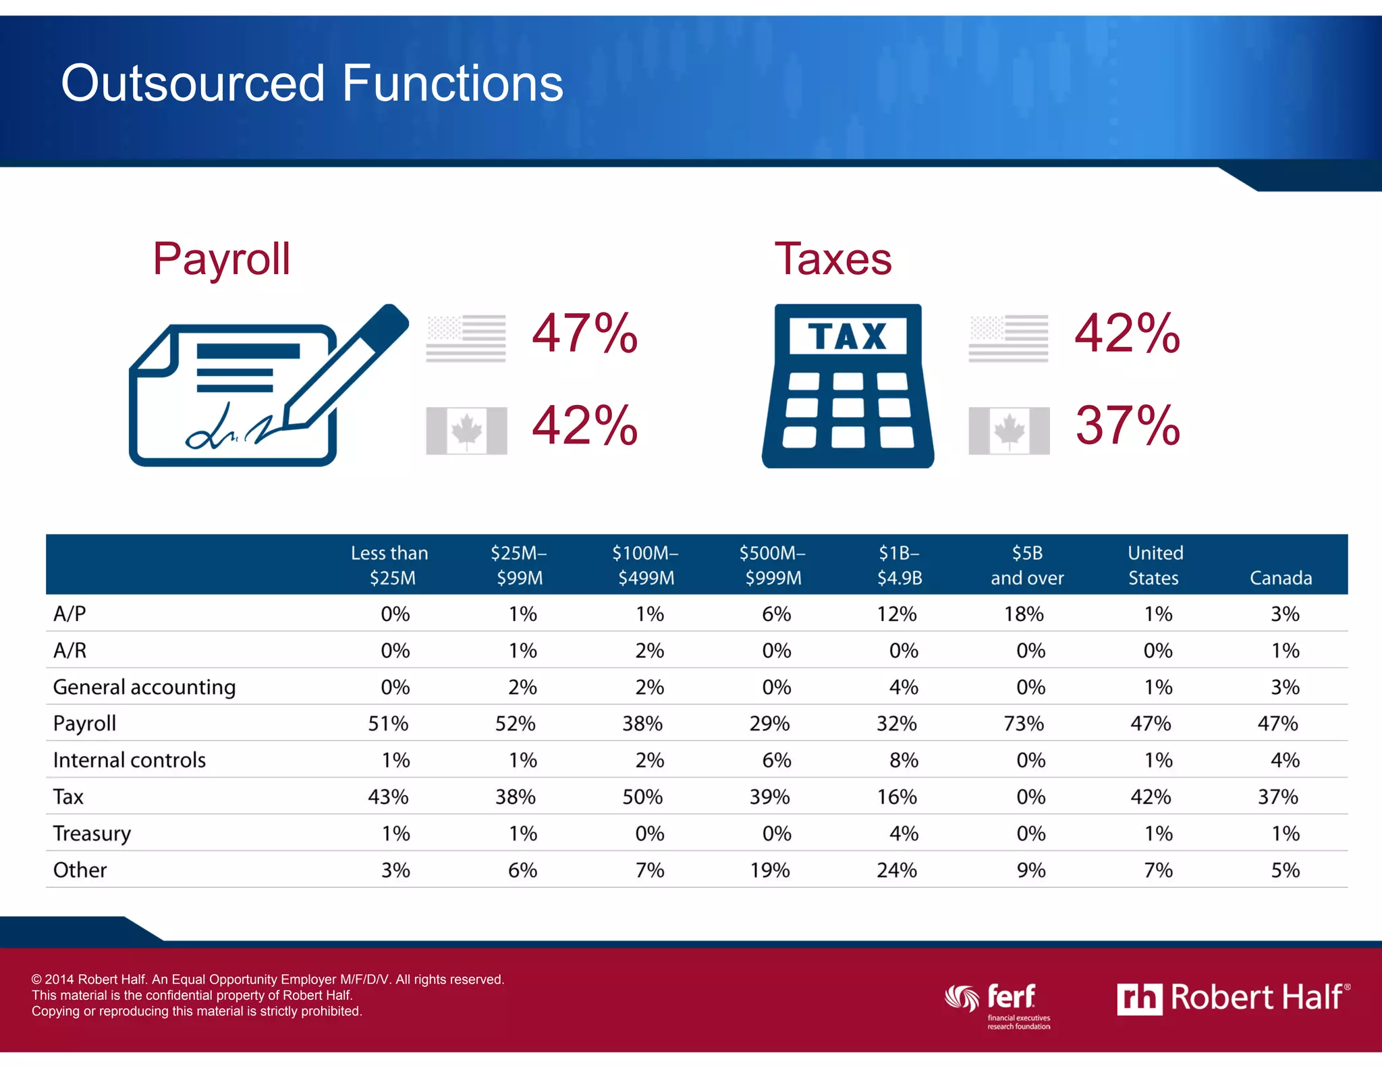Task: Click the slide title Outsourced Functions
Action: pyautogui.click(x=312, y=83)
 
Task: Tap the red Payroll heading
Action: pyautogui.click(x=221, y=259)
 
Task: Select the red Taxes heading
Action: pyautogui.click(x=833, y=259)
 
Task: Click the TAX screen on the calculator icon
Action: pyautogui.click(x=848, y=336)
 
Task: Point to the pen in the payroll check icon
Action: pyautogui.click(x=351, y=365)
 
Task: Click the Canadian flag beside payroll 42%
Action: pyautogui.click(x=466, y=430)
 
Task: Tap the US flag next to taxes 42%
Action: pyautogui.click(x=1008, y=338)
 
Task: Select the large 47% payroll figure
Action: pyautogui.click(x=584, y=333)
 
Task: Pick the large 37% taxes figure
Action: pyautogui.click(x=1127, y=425)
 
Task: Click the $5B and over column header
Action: pyautogui.click(x=1027, y=565)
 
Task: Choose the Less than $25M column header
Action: pyautogui.click(x=390, y=565)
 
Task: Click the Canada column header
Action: pyautogui.click(x=1280, y=578)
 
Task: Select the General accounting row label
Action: pyautogui.click(x=144, y=687)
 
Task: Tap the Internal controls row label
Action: pyautogui.click(x=130, y=760)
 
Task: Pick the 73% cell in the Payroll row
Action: pyautogui.click(x=1024, y=724)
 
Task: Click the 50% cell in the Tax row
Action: pyautogui.click(x=642, y=797)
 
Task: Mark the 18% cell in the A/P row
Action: pyautogui.click(x=1024, y=614)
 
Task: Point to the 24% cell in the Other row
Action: pyautogui.click(x=897, y=870)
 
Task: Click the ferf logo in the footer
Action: pyautogui.click(x=999, y=1003)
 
